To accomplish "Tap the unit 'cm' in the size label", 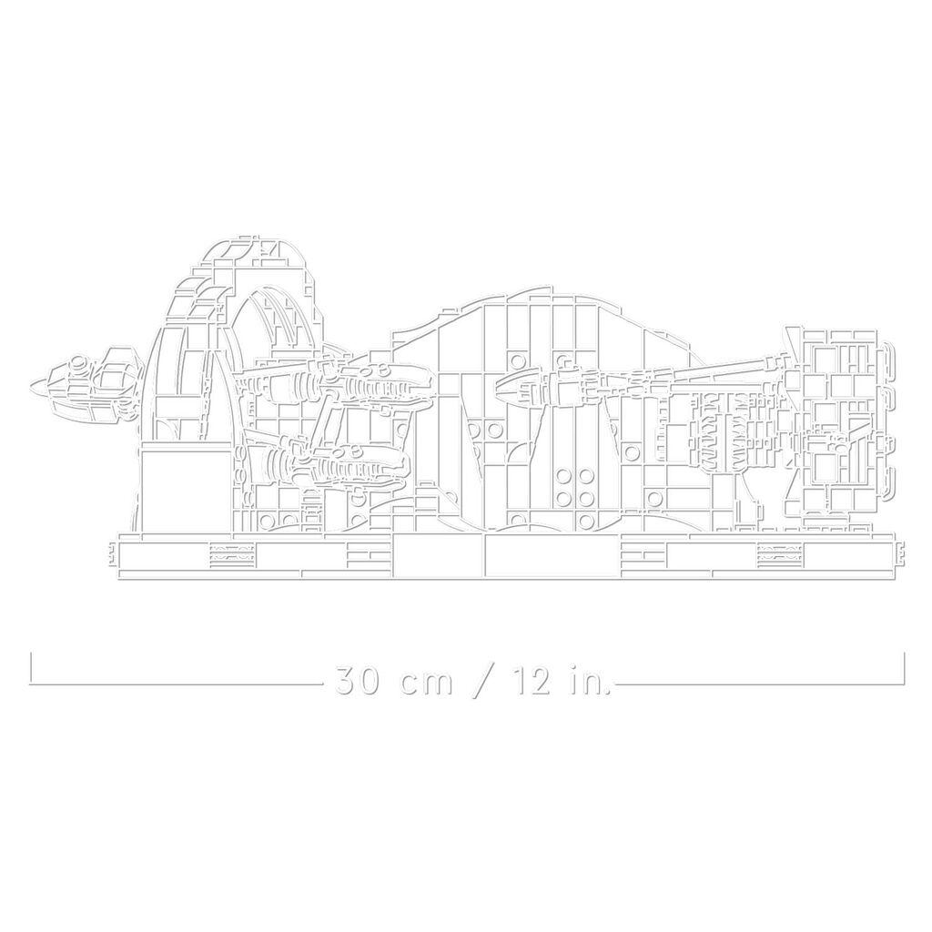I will point(427,683).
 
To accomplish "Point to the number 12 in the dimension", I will point(530,681).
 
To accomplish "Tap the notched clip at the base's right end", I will point(900,552).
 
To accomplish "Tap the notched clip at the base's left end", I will point(112,552).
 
